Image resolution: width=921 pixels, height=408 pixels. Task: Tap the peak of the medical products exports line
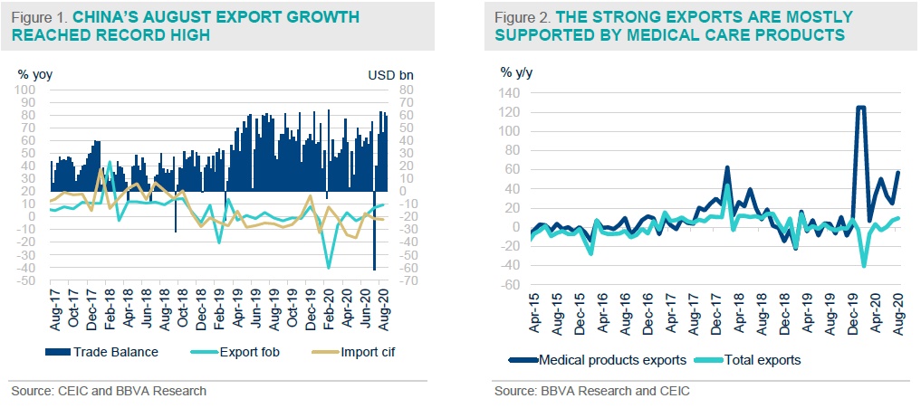click(x=860, y=108)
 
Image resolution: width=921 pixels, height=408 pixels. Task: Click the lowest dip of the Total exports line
click(x=865, y=266)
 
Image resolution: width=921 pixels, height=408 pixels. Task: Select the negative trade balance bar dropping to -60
click(x=375, y=268)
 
